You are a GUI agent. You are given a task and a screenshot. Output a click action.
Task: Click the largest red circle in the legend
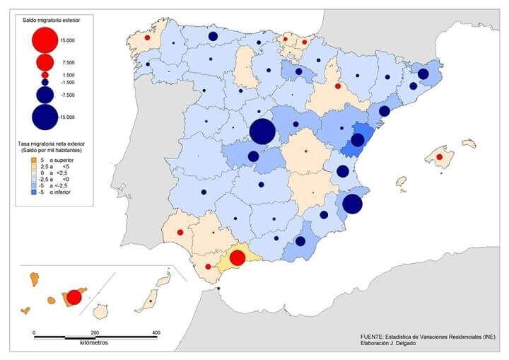coord(45,40)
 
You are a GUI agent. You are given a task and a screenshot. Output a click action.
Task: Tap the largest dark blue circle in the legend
coord(45,117)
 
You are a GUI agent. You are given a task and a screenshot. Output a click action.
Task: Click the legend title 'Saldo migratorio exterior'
coord(52,24)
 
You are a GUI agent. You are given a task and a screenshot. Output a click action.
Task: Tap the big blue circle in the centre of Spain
coord(262,132)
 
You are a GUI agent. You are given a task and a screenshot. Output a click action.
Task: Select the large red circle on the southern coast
coord(238,257)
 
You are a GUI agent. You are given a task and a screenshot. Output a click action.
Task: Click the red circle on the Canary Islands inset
coord(74,296)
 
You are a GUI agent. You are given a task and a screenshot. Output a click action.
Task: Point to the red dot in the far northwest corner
coord(147,37)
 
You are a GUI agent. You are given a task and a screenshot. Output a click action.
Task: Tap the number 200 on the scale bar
coord(95,332)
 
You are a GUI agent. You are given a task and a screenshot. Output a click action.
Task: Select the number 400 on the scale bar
coord(156,332)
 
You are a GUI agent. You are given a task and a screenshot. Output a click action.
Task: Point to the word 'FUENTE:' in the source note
coord(373,337)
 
